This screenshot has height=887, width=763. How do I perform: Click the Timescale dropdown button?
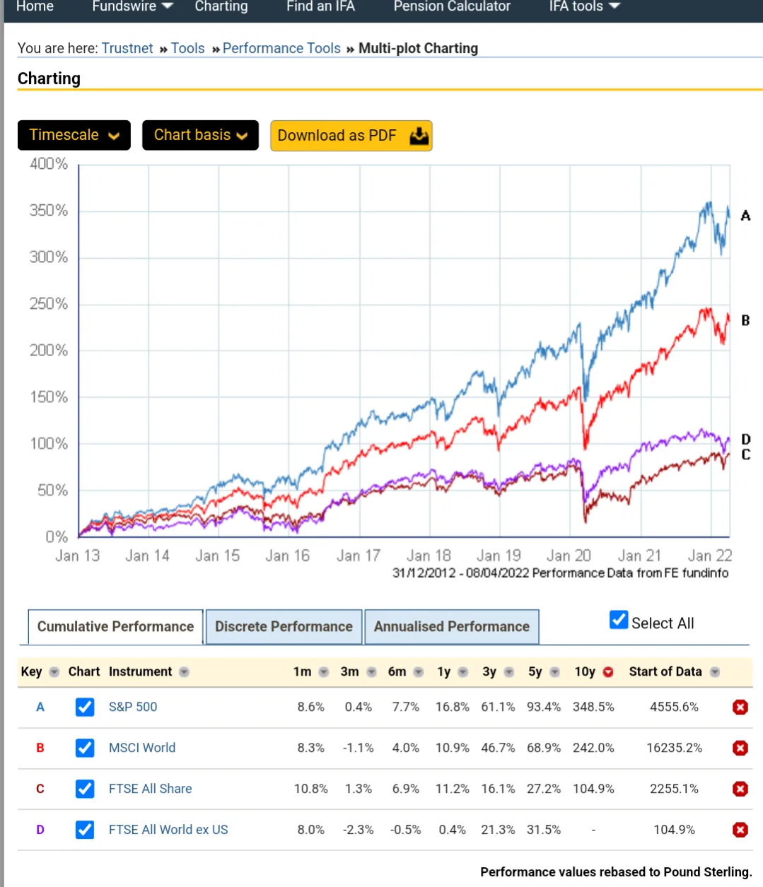tap(74, 135)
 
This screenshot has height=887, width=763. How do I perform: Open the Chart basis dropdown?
tap(200, 135)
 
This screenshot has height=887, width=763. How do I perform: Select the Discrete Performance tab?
tap(284, 627)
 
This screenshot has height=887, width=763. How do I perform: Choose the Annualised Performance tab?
tap(451, 627)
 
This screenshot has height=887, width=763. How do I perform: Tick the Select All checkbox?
tap(619, 621)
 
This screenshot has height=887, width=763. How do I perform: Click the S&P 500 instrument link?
tap(133, 707)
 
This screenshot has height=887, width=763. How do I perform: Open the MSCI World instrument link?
tap(142, 748)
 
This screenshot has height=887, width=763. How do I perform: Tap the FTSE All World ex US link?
tap(168, 830)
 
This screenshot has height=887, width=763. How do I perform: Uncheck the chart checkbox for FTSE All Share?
tap(85, 789)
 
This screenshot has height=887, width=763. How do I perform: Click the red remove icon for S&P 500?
tap(740, 707)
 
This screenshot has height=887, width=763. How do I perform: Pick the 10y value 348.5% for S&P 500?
tap(593, 707)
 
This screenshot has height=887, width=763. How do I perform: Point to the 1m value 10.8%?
tap(311, 789)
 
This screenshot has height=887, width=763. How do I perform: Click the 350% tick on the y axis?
tap(49, 211)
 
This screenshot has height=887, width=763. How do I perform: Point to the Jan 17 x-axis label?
tap(359, 556)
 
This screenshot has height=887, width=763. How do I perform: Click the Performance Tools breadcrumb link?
tap(281, 48)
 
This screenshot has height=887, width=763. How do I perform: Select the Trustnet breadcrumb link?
tap(127, 48)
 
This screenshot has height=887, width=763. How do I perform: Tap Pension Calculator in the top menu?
tap(452, 7)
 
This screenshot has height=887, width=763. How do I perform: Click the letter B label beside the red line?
tap(745, 321)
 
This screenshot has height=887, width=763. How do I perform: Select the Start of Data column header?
tap(665, 671)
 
